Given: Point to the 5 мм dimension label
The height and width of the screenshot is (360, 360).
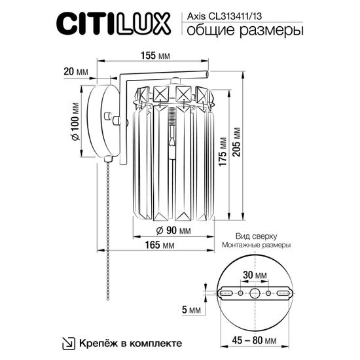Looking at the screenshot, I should coord(189,309).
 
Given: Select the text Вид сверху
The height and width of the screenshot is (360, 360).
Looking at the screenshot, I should coord(256,235).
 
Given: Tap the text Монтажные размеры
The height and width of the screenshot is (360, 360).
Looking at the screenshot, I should coord(256,245).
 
